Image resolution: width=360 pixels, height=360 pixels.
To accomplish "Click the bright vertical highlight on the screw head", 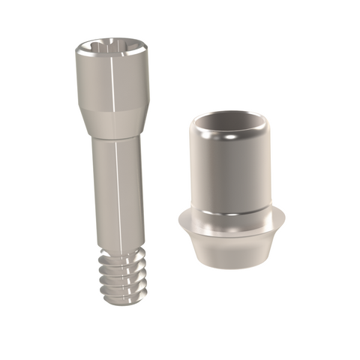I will [106, 82].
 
